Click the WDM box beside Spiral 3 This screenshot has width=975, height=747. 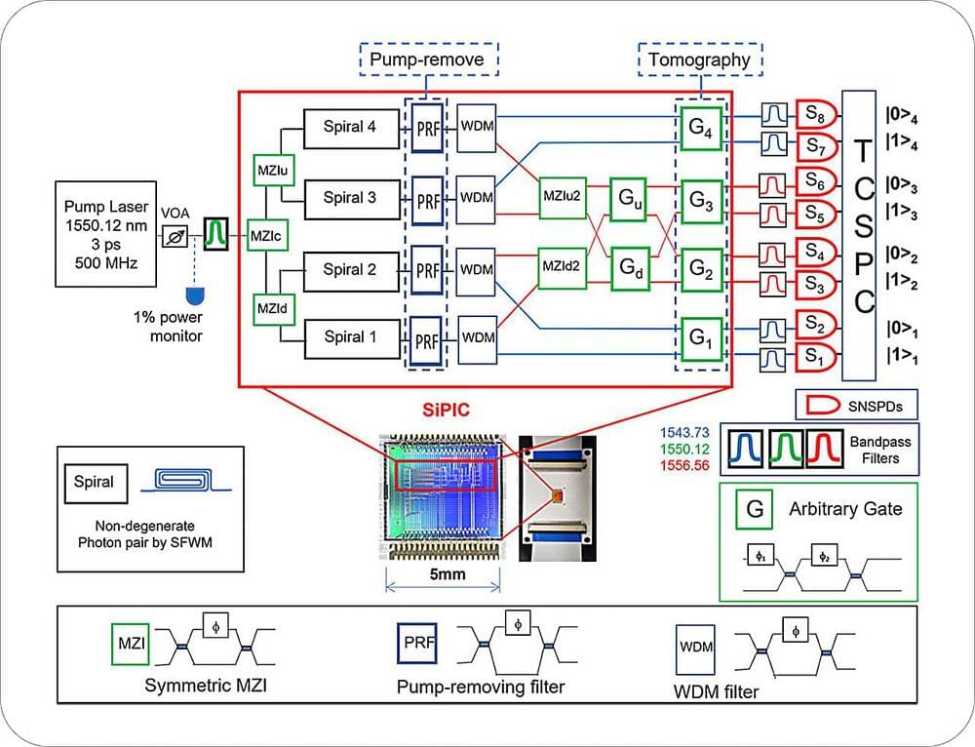click(477, 198)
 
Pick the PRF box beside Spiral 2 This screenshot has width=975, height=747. click(426, 269)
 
